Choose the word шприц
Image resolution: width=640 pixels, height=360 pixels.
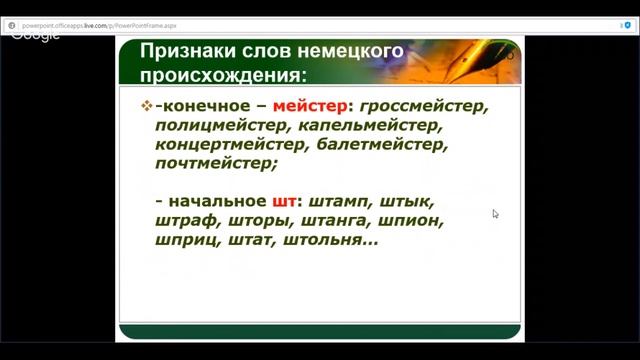coord(186,241)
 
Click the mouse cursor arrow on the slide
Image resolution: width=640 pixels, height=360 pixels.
coord(495,213)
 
